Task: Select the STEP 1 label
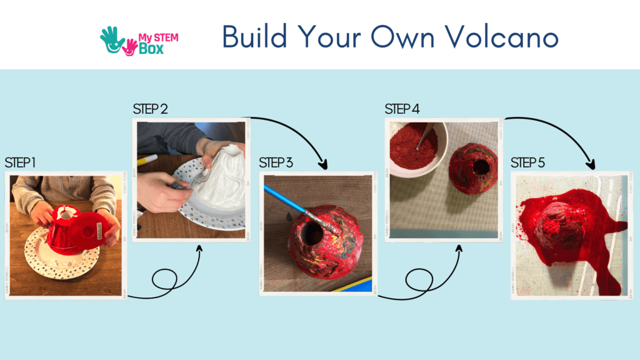pos(20,162)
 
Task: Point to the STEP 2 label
pos(150,109)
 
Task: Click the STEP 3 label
pos(276,163)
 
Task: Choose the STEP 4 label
pos(402,109)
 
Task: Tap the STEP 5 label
pos(527,163)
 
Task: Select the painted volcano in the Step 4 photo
pos(473,167)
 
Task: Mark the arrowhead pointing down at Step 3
pos(324,165)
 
